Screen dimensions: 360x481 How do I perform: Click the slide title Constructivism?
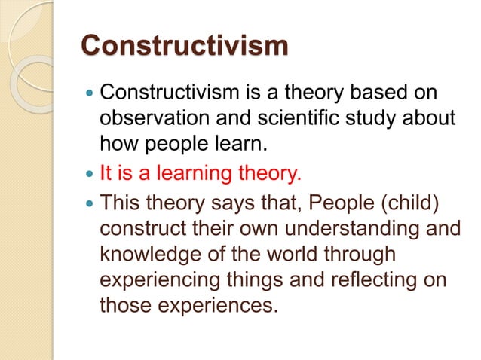tap(184, 45)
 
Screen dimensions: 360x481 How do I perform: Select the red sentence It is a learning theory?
tap(201, 174)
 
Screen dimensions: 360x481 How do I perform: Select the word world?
tap(300, 255)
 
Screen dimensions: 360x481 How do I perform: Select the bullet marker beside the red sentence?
tap(90, 175)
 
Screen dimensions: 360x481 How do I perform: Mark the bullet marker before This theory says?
tap(90, 203)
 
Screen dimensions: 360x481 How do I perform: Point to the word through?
tap(369, 255)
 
